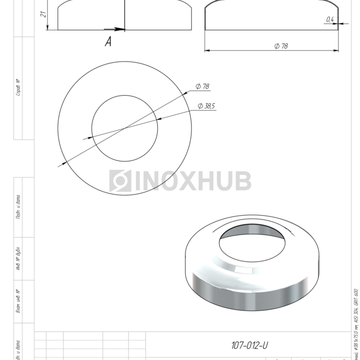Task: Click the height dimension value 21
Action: click(43, 14)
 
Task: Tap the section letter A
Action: click(108, 42)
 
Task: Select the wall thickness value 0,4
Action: click(330, 20)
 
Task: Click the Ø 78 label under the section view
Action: click(281, 46)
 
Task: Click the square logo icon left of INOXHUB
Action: click(120, 181)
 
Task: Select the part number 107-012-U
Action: click(250, 345)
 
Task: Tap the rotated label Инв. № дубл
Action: click(18, 258)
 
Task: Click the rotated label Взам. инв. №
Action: click(18, 301)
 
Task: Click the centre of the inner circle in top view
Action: click(124, 127)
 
